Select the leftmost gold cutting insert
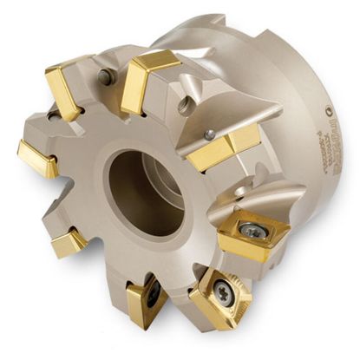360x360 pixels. coord(36,159)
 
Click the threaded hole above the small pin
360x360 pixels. coord(183,105)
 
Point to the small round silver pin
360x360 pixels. coord(209,134)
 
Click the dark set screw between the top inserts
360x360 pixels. coord(106,78)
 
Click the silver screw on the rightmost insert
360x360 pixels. coord(252,230)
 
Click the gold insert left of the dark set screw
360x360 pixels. coord(64,91)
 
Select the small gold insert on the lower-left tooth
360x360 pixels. coord(68,245)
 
